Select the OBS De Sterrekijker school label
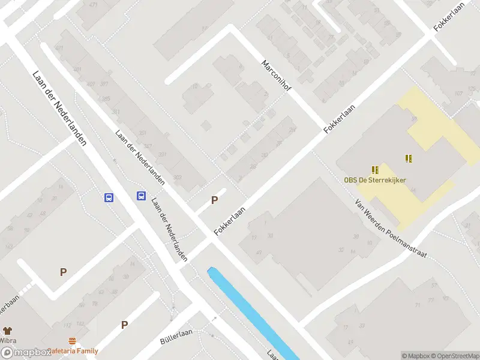click(x=375, y=179)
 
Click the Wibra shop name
click(x=7, y=340)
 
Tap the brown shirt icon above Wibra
click(x=7, y=330)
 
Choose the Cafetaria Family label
click(x=74, y=350)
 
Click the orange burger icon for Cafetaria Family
click(x=72, y=340)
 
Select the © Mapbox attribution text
click(x=415, y=356)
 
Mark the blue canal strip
click(x=252, y=312)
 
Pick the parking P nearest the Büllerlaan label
click(x=125, y=325)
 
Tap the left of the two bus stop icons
click(x=109, y=197)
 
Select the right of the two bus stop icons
click(x=141, y=196)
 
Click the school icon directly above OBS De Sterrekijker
click(x=375, y=170)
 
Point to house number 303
click(x=177, y=177)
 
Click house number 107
click(x=458, y=93)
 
